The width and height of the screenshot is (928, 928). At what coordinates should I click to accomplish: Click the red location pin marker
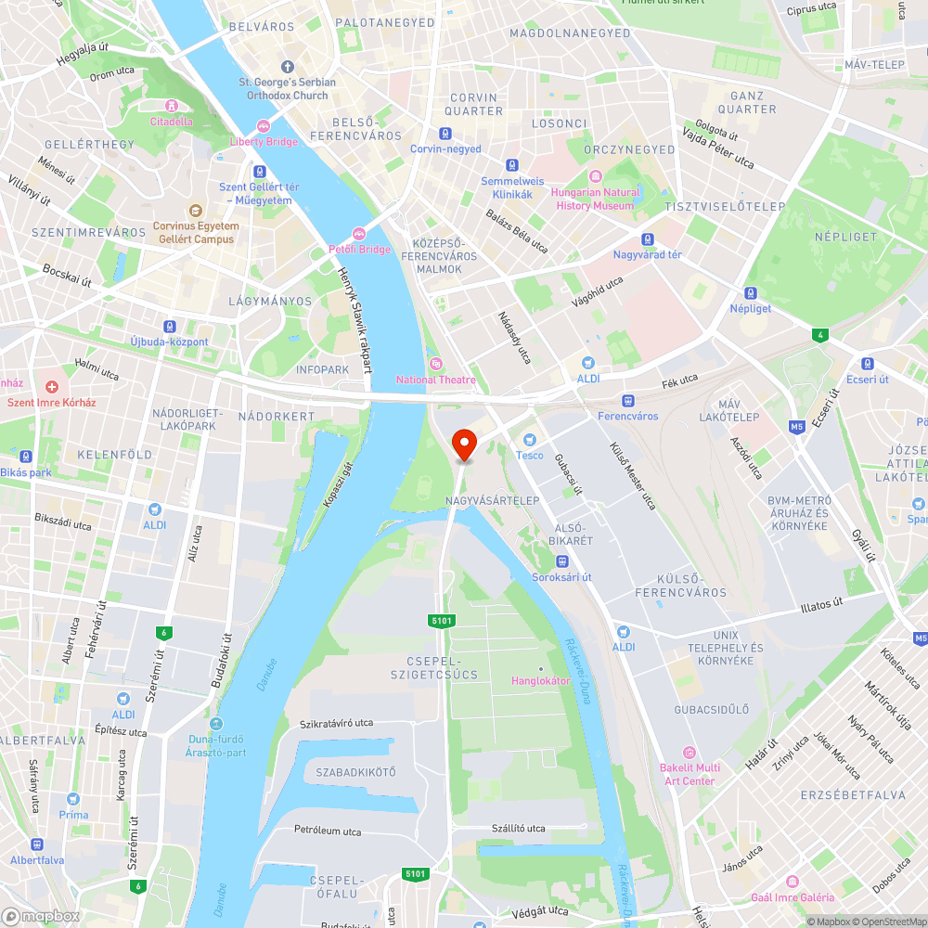(463, 445)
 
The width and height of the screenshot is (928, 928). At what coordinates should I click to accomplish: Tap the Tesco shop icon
(530, 439)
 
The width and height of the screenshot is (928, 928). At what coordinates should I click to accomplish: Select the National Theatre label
(436, 380)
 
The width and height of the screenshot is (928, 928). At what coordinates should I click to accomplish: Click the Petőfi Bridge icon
(359, 233)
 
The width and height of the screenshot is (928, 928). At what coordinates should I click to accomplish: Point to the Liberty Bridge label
(264, 142)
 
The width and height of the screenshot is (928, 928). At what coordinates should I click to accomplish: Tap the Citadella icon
(171, 105)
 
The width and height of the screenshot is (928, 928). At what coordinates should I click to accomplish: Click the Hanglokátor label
(540, 681)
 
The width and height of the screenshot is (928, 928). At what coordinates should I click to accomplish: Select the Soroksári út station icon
(561, 561)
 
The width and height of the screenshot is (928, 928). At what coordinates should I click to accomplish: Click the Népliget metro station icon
(750, 292)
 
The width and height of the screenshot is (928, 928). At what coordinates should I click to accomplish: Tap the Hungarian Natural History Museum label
(595, 199)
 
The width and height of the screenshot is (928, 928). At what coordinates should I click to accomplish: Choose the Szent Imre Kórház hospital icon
(52, 386)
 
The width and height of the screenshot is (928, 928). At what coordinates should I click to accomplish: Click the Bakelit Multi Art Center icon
(689, 753)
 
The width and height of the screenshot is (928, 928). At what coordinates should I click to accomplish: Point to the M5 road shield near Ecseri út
(797, 427)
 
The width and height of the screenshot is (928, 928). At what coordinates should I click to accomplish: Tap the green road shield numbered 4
(818, 335)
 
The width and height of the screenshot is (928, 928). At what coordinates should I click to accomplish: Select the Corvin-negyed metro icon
(446, 133)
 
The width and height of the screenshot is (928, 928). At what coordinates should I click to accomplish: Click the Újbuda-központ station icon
(169, 327)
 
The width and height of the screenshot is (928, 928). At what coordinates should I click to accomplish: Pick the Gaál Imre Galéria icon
(792, 882)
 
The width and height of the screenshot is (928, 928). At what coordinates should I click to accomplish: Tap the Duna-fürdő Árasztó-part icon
(216, 724)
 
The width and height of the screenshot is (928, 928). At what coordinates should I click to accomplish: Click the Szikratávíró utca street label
(336, 723)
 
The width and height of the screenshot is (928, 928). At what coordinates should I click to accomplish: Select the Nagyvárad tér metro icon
(647, 238)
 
